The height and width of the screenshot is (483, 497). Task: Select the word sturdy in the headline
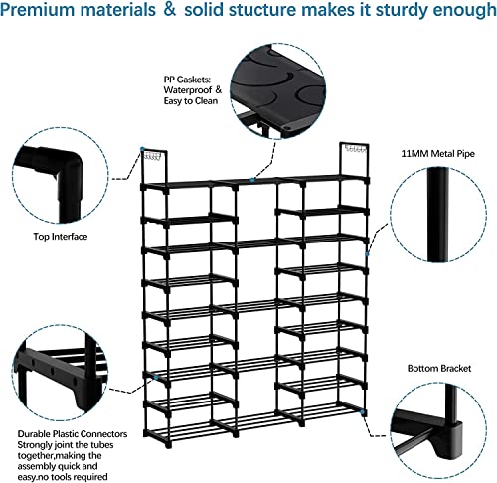coord(401,12)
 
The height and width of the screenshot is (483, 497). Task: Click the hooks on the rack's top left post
coord(151,155)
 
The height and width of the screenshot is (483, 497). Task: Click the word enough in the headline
coord(459,12)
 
